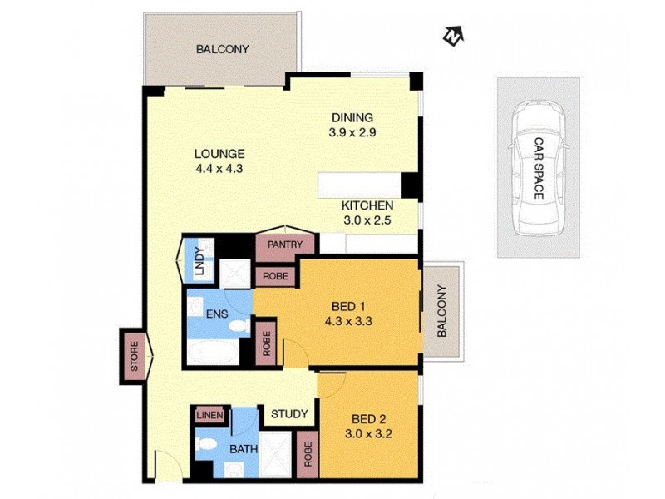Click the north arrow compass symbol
point(452,36)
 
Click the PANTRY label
point(286,245)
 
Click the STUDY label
point(289,413)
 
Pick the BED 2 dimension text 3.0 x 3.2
point(366,432)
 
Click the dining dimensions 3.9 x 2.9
point(352,131)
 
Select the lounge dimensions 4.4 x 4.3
point(219,168)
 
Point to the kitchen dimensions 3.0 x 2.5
point(366,220)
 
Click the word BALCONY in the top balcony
point(222,49)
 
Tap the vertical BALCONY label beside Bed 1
point(441,311)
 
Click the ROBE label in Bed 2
point(307,456)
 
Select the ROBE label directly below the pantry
point(275,276)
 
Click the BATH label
point(243,450)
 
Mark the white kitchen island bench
point(359,184)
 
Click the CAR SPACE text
point(538,168)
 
